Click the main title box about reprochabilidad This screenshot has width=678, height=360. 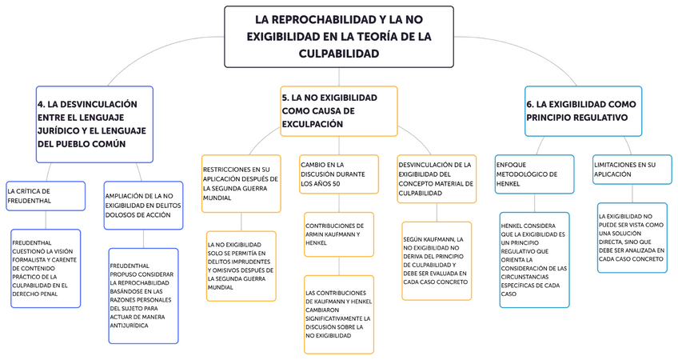[x=338, y=36]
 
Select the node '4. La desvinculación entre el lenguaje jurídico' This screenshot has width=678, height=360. [x=94, y=123]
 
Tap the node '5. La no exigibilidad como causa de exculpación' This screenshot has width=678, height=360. [x=338, y=110]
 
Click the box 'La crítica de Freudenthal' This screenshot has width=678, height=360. [x=45, y=195]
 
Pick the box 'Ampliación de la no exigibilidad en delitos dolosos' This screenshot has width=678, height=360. [x=143, y=206]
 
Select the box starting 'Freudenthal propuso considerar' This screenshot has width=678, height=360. [x=143, y=296]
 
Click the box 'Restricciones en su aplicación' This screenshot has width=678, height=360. [x=241, y=183]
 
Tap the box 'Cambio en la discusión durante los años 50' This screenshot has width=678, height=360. [x=338, y=174]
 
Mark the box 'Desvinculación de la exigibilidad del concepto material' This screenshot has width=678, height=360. [x=437, y=178]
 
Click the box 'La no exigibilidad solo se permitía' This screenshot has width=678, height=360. [x=241, y=266]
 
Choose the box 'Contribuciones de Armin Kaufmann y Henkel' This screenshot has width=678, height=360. [x=338, y=233]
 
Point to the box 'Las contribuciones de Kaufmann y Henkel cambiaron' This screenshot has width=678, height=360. [x=338, y=314]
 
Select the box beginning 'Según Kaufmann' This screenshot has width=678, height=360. [x=437, y=260]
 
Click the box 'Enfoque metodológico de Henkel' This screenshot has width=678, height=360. [x=534, y=174]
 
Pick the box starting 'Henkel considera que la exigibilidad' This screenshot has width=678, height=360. [x=534, y=259]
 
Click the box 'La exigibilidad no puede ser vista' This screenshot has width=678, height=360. [x=632, y=238]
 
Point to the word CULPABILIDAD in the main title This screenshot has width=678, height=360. [x=338, y=53]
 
